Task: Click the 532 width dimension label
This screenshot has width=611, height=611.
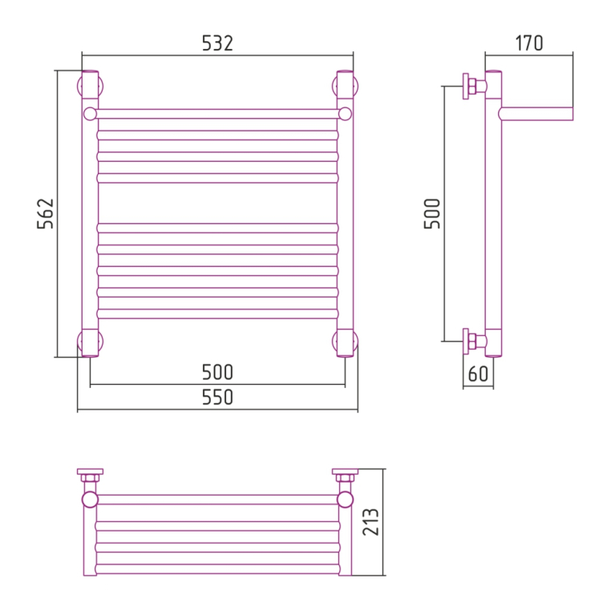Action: (x=217, y=43)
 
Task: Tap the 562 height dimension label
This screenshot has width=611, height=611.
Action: (x=45, y=213)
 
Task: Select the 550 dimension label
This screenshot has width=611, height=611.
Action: (x=217, y=398)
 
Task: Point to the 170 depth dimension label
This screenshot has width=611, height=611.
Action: (x=528, y=43)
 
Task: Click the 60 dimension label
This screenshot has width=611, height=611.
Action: (x=478, y=374)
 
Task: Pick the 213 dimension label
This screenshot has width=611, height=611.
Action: (x=370, y=522)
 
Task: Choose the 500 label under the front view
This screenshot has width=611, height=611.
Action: (x=217, y=372)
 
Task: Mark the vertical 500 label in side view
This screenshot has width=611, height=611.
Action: (x=431, y=213)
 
